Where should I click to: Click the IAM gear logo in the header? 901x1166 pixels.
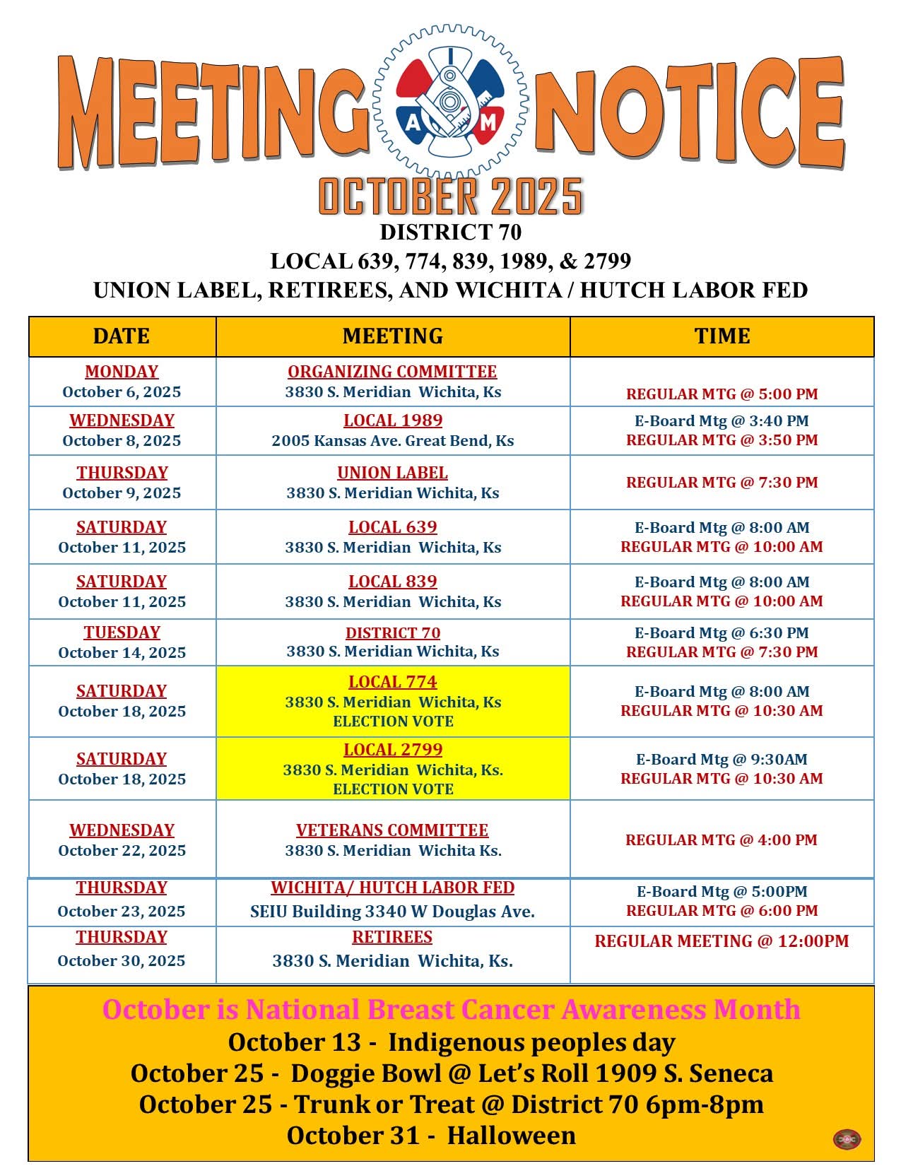pyautogui.click(x=450, y=101)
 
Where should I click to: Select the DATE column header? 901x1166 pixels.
pyautogui.click(x=122, y=336)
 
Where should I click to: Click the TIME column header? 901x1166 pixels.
pyautogui.click(x=722, y=336)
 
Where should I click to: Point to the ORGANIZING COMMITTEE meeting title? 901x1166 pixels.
pyautogui.click(x=392, y=372)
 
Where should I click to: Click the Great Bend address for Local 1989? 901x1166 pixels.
pyautogui.click(x=392, y=441)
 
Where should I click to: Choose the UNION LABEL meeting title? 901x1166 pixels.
pyautogui.click(x=392, y=473)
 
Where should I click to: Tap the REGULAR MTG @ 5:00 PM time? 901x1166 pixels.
pyautogui.click(x=722, y=394)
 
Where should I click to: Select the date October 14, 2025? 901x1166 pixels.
pyautogui.click(x=122, y=653)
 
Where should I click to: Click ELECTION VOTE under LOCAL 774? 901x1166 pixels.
pyautogui.click(x=393, y=722)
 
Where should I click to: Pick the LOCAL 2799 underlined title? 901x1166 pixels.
pyautogui.click(x=393, y=750)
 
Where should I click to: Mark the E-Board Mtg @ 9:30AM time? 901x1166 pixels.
pyautogui.click(x=722, y=760)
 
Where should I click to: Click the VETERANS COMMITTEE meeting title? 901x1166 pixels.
pyautogui.click(x=392, y=830)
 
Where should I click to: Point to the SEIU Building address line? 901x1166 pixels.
pyautogui.click(x=392, y=912)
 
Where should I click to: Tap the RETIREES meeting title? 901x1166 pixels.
pyautogui.click(x=392, y=937)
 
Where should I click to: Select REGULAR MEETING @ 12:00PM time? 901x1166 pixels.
pyautogui.click(x=722, y=941)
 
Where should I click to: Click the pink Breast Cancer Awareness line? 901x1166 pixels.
pyautogui.click(x=451, y=1009)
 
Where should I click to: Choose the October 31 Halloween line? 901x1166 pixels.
pyautogui.click(x=431, y=1136)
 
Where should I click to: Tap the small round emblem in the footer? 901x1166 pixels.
pyautogui.click(x=847, y=1139)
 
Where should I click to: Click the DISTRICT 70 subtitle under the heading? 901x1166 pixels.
pyautogui.click(x=450, y=232)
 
